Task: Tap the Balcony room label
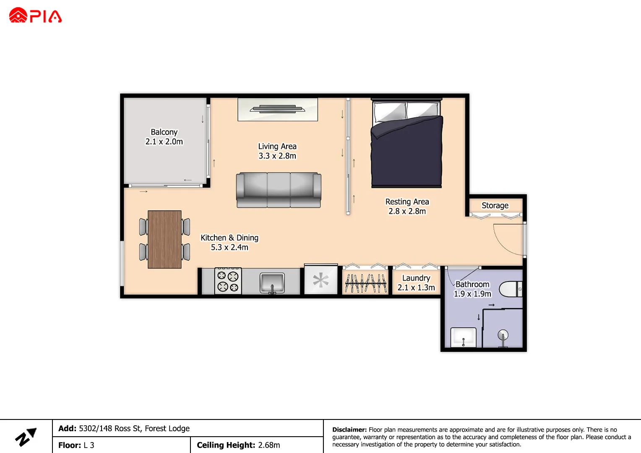(164, 132)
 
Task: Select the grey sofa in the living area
(279, 190)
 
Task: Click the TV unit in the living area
(277, 109)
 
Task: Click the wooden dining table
(164, 239)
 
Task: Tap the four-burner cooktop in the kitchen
(228, 281)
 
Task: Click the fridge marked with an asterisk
(321, 280)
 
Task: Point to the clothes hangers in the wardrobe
(365, 283)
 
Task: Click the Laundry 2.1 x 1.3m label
(416, 283)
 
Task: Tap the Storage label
(495, 206)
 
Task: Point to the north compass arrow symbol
(26, 437)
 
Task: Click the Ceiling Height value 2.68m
(269, 445)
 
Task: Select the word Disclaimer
(349, 430)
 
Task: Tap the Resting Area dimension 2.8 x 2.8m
(407, 211)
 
